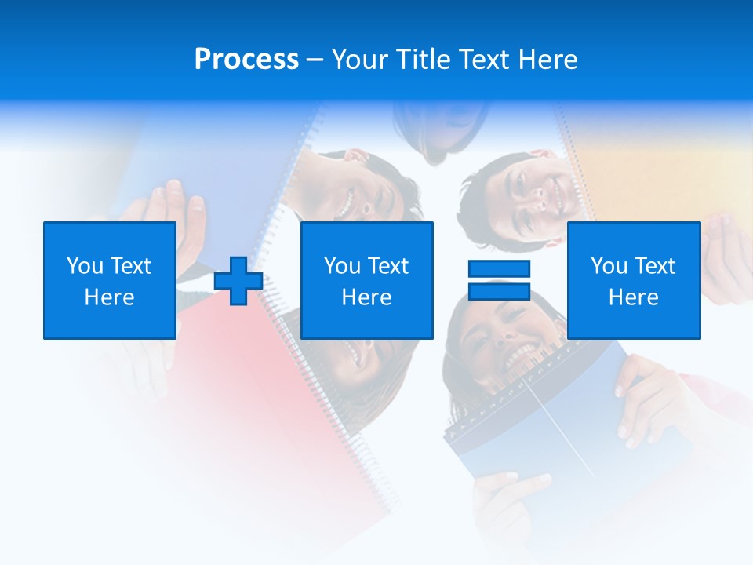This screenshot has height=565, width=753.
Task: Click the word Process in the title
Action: [246, 60]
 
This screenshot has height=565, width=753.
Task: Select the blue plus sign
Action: [238, 281]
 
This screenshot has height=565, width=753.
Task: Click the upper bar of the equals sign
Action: [499, 268]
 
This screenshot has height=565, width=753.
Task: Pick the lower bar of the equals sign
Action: [499, 291]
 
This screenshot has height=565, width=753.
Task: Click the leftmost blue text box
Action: [109, 280]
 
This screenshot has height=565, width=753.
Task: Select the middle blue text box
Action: [366, 280]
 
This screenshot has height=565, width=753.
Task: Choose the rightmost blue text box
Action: [633, 280]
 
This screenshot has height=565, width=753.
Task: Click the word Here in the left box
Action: [109, 297]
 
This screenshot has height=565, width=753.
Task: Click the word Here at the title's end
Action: [548, 60]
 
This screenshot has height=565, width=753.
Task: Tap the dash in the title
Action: [315, 60]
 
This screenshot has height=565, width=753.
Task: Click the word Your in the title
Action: [359, 60]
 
